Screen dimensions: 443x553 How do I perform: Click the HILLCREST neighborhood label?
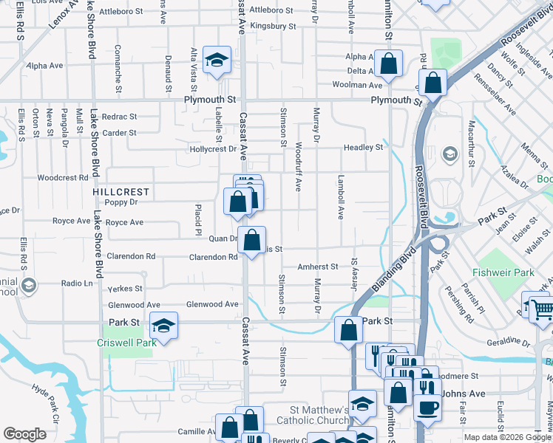(x=121, y=192)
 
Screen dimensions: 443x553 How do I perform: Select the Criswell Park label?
(x=125, y=343)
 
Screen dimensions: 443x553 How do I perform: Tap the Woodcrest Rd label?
(x=63, y=178)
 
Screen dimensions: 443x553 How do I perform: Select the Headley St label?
(x=363, y=148)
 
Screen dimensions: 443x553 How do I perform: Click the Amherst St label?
(x=317, y=267)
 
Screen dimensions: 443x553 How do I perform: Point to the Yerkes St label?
(x=125, y=289)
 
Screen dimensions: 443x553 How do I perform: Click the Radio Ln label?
(x=77, y=284)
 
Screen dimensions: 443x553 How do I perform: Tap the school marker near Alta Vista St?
(x=217, y=60)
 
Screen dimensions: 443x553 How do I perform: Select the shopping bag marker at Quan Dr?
(x=251, y=239)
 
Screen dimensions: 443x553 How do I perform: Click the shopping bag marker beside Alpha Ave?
(x=387, y=63)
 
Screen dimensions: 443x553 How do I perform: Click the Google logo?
(x=25, y=434)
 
